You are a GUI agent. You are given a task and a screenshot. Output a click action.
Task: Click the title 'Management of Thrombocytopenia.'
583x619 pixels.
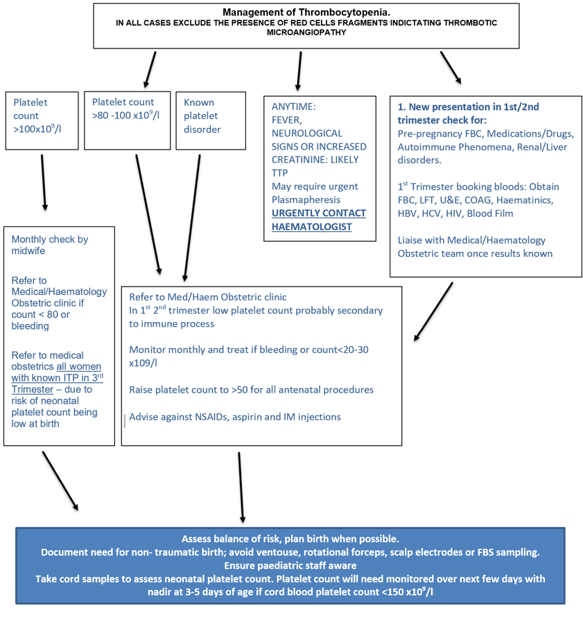coord(306,12)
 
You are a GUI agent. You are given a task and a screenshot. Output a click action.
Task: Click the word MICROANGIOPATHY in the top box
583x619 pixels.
coord(306,32)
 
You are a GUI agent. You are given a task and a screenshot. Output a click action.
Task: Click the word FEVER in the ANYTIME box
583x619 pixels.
coord(288,120)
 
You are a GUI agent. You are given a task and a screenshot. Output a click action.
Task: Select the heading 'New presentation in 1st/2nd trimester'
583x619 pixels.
coord(468,112)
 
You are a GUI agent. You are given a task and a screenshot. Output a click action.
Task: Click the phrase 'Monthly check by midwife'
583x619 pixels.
coord(50,245)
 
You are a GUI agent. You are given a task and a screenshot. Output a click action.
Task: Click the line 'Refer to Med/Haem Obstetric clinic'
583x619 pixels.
coord(208,297)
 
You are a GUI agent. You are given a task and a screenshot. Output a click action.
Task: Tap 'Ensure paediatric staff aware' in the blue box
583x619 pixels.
coord(290,565)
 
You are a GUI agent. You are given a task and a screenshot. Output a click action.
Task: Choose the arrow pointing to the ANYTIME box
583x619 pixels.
coord(299,71)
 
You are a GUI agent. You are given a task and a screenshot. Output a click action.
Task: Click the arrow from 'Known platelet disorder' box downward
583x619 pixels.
coord(192,215)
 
